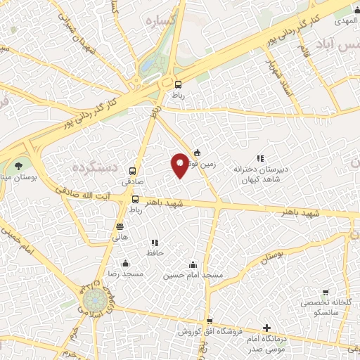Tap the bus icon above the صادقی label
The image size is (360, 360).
tap(133, 171)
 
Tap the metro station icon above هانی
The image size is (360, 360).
tap(120, 227)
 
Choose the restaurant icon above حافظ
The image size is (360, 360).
tap(155, 243)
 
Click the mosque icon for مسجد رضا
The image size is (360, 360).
tap(125, 263)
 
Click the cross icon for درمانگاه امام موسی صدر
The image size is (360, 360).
tap(266, 328)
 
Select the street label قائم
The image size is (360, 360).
tap(304, 52)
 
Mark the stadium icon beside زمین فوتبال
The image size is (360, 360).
tap(197, 153)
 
